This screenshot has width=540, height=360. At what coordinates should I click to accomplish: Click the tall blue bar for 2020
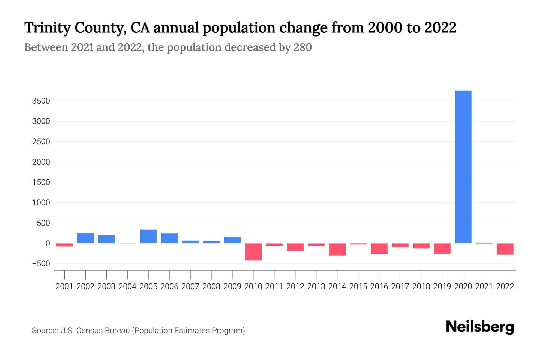463,167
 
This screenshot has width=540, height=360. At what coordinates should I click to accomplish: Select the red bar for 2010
253,252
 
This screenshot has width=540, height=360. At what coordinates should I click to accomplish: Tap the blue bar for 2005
148,236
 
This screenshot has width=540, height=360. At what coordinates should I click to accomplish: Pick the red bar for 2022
505,249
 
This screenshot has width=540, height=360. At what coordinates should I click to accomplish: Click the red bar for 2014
337,249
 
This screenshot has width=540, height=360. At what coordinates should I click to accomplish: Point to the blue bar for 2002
85,238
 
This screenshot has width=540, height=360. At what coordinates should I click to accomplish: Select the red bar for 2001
64,245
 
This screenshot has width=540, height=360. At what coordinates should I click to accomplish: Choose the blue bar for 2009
232,240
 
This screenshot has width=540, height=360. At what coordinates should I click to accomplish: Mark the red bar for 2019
442,249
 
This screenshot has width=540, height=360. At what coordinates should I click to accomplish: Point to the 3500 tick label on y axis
41,101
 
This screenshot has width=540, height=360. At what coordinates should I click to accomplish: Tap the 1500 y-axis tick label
41,182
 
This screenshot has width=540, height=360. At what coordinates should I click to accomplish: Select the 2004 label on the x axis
127,286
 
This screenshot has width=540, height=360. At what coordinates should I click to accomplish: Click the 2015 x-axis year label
358,286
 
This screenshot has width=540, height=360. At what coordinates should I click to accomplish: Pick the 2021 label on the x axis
484,286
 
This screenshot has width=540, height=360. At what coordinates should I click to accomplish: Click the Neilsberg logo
480,327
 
